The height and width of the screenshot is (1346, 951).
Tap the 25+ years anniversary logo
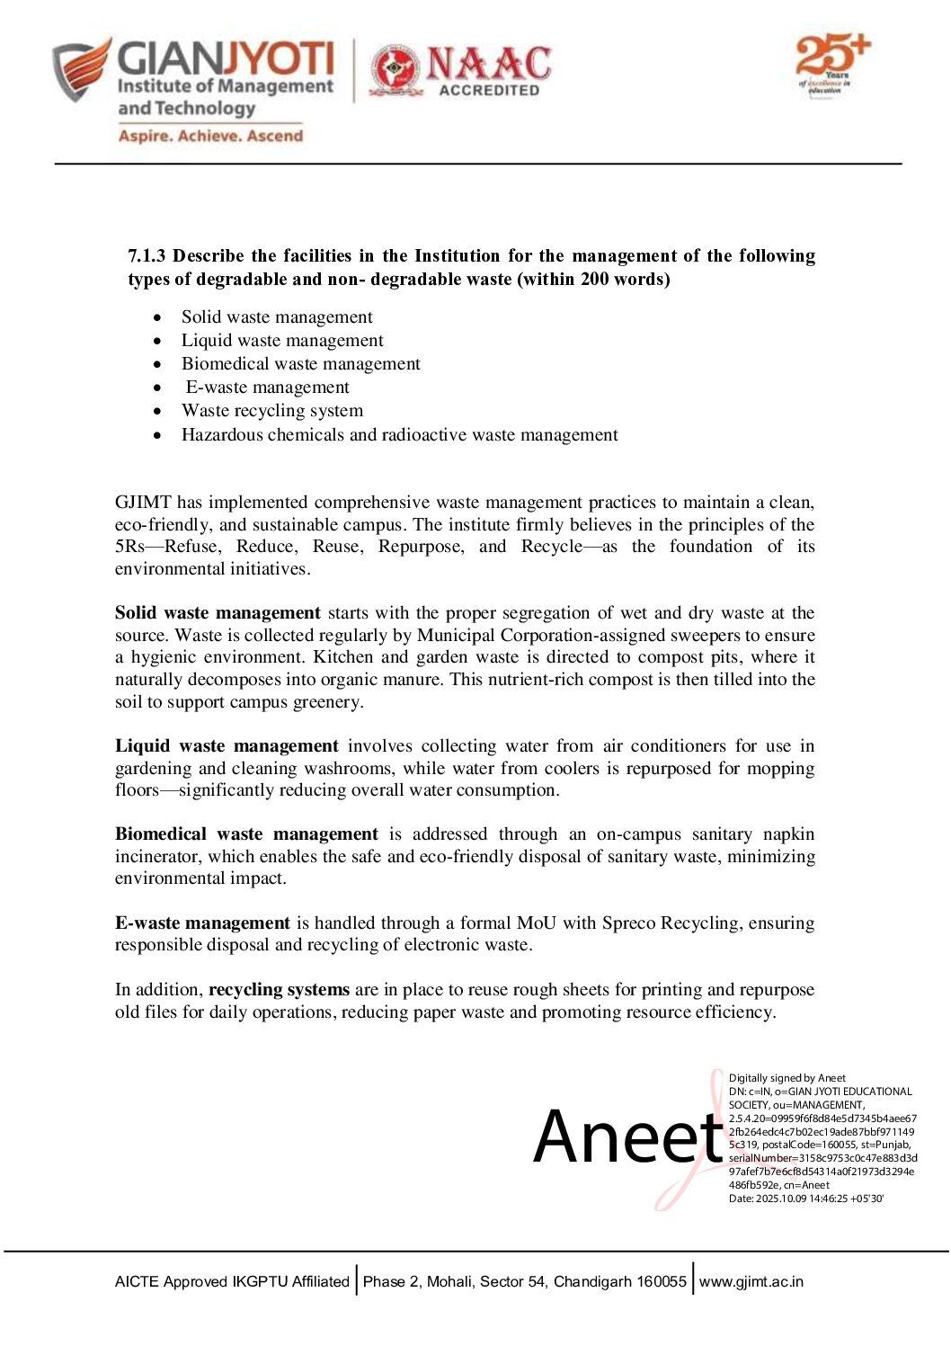pos(831,63)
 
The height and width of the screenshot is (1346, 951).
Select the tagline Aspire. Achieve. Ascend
pos(210,136)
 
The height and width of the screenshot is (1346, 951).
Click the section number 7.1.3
pos(147,256)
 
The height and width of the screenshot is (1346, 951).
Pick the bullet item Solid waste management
pos(277,316)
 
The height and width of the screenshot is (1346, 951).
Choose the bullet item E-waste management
pos(267,387)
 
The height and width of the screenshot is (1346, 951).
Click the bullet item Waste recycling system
pos(272,410)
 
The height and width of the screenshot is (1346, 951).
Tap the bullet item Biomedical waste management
pos(300,363)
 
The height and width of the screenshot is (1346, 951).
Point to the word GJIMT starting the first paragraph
pos(142,502)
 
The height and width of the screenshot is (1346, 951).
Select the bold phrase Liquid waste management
pos(227,745)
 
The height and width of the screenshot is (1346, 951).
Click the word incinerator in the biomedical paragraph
pos(156,856)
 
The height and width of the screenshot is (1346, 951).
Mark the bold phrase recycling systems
pos(279,989)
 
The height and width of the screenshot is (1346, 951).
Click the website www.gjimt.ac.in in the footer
pos(751,1281)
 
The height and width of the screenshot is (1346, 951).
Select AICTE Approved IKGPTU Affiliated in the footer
pos(232,1281)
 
